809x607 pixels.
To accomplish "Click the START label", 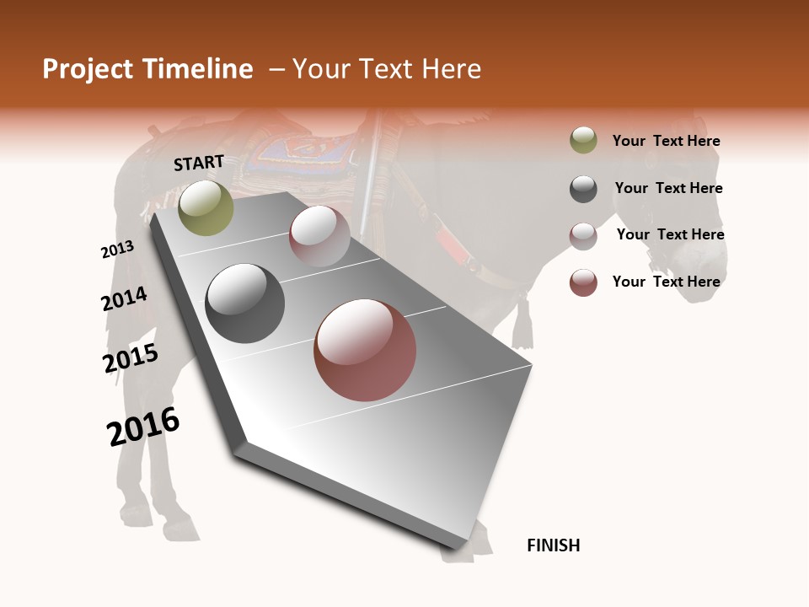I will tap(199, 163).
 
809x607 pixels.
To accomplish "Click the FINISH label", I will tap(553, 545).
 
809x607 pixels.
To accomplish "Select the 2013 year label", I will tap(117, 250).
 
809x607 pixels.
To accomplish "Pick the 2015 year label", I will tap(131, 358).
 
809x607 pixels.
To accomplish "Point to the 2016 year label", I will tap(143, 427).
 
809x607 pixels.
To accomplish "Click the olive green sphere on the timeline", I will tap(206, 207).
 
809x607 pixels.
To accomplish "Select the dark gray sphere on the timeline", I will tap(244, 303).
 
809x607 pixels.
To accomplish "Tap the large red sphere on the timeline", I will tap(365, 351).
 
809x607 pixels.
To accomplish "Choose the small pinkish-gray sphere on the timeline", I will tap(319, 236).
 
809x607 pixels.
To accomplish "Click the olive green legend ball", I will tap(583, 141).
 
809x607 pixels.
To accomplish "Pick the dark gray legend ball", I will tap(583, 189).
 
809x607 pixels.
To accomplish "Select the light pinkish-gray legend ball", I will tap(583, 235).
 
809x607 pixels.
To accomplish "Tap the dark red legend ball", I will tap(583, 282).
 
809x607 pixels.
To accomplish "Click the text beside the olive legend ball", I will tap(666, 141).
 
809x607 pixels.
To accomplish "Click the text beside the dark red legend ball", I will tap(666, 282).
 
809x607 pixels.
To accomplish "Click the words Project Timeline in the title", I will tap(147, 69).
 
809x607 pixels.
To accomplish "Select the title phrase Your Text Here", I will tap(387, 69).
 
